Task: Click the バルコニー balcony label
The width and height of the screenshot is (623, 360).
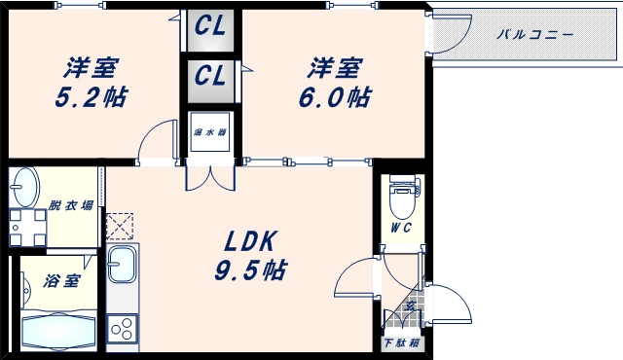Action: pos(534,34)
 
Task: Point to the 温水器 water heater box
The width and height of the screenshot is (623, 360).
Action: pos(209,134)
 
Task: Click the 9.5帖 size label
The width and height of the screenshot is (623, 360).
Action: pos(251,270)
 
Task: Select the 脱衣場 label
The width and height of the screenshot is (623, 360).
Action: pos(70,205)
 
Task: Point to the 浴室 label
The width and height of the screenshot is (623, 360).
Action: pos(61,282)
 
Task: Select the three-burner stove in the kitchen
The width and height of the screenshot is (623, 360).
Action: pos(124,329)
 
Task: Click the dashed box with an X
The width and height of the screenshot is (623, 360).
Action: pos(122,226)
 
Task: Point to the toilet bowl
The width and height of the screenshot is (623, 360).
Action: pos(400,200)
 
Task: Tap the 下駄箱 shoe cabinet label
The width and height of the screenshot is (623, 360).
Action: pos(400,343)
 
